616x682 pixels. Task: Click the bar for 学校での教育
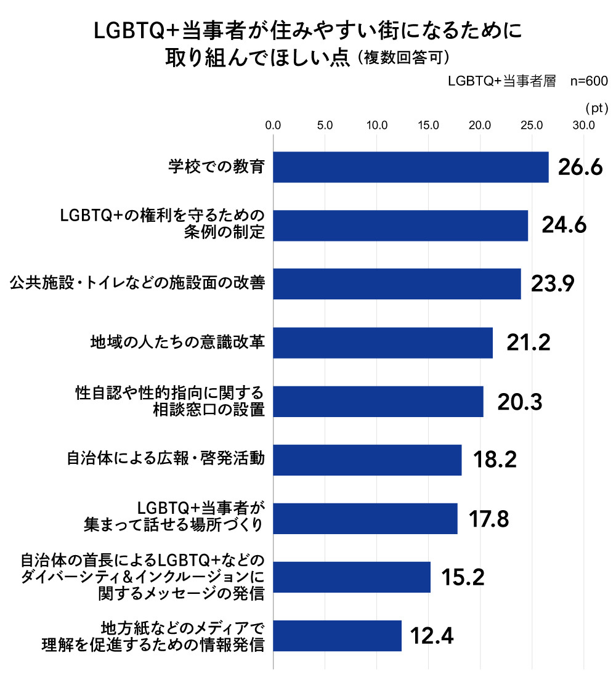coord(410,167)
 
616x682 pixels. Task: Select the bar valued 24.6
coord(400,225)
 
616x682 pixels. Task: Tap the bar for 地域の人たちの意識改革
coord(383,343)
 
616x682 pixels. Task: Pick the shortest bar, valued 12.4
coord(337,636)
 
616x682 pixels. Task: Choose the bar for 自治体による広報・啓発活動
coord(367,460)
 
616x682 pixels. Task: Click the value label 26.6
coord(580,167)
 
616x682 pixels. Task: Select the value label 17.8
coord(488,519)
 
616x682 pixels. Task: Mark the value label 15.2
coord(462,577)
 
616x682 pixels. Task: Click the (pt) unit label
coord(595,108)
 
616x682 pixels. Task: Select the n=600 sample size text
coord(590,81)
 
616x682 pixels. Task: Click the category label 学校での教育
coord(216,166)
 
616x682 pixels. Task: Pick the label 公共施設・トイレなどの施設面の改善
coord(137,283)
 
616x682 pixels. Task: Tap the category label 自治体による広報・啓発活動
coord(166,460)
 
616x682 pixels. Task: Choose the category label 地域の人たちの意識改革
coord(177,343)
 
